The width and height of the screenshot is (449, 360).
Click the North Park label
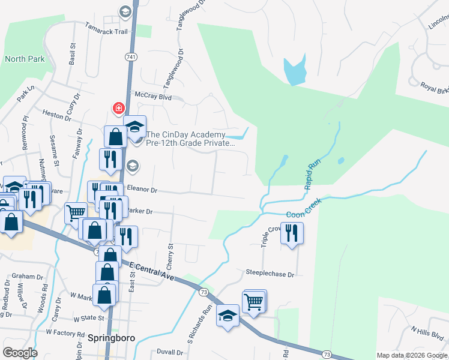25,59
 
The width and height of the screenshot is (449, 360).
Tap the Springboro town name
110,338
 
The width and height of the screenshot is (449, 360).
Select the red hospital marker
119,108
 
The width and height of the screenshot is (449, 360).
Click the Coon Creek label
304,208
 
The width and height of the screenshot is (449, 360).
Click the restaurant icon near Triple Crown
292,233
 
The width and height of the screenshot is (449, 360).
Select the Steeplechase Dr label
270,274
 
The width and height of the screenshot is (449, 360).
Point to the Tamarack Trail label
106,31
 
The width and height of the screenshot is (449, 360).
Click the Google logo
20,353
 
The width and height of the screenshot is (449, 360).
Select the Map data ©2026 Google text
412,355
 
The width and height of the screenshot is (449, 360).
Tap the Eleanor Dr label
141,190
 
